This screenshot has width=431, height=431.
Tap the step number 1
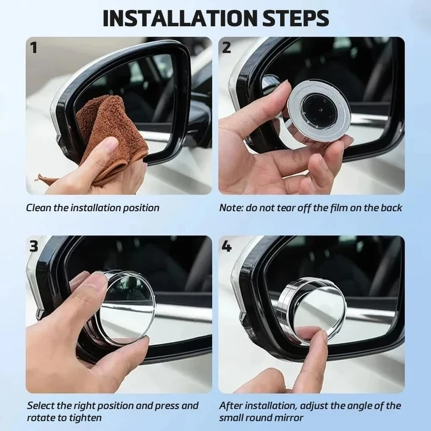point(33,47)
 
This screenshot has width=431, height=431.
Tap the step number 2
point(226,47)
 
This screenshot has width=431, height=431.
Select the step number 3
point(33,246)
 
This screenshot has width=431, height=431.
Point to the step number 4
point(226,246)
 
